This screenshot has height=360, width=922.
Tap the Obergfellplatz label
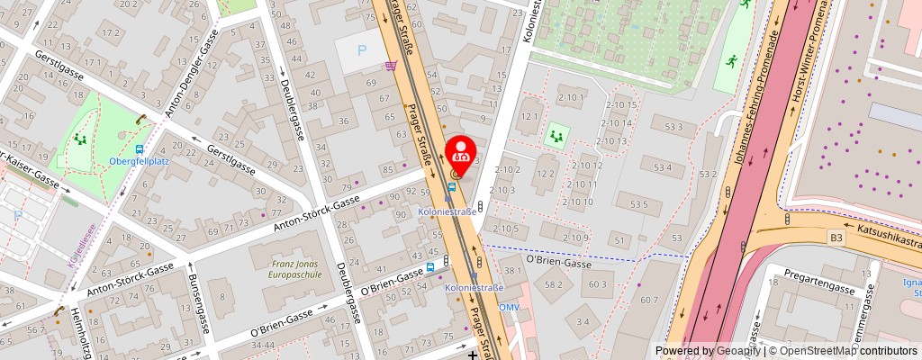coord(140,161)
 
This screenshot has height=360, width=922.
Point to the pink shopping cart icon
coord(391,65)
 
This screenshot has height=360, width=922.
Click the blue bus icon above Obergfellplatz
coord(140,149)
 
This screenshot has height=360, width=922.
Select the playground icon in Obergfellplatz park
coord(80,139)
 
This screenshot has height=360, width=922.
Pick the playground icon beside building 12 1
coord(556,136)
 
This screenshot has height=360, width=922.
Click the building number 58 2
coord(554,284)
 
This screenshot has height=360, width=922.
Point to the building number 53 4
coord(663,167)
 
